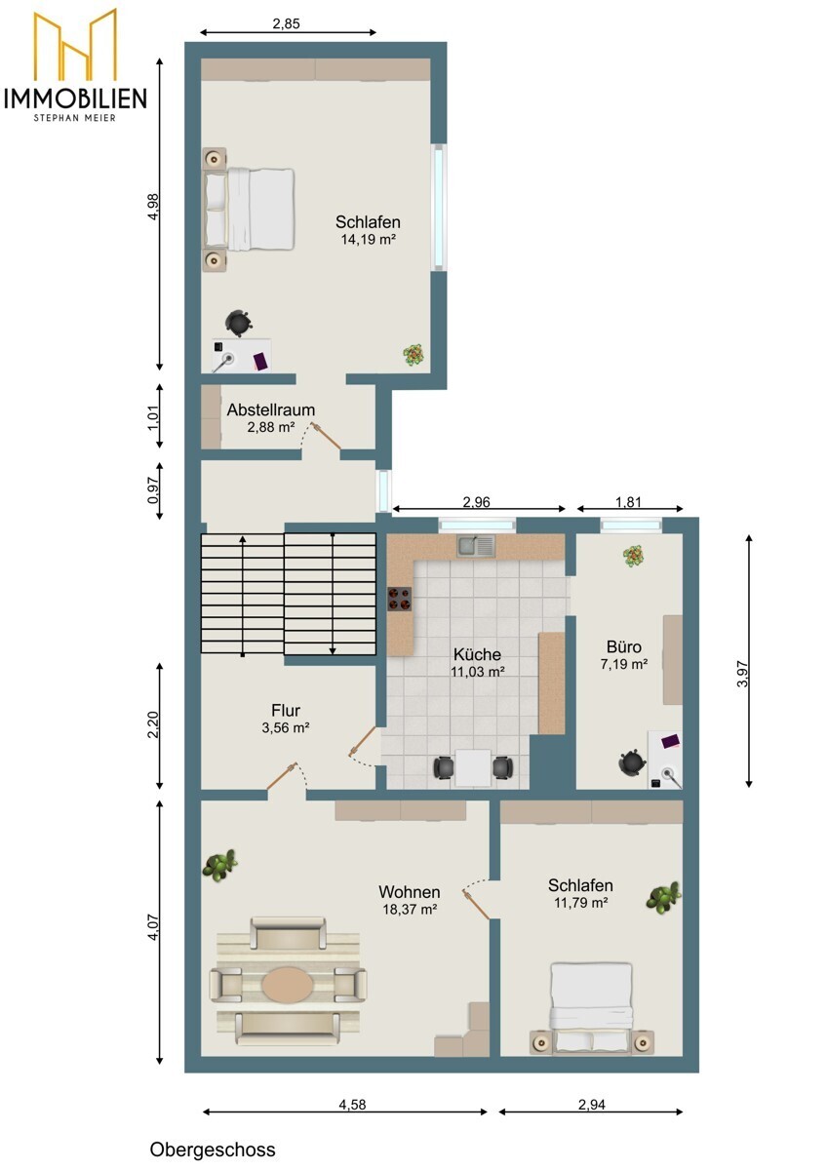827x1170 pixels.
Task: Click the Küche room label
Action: coord(477,654)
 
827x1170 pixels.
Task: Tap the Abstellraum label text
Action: coord(270,410)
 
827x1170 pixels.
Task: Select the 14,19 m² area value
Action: coord(368,240)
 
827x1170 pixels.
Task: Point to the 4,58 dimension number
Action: coord(352,1105)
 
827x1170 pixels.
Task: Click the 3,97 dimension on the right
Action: coord(742,675)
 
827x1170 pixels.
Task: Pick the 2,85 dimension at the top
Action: coord(287,24)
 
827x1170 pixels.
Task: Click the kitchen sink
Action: coord(477,545)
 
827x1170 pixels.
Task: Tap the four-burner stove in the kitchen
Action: coord(400,599)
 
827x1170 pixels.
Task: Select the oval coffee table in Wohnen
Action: coord(288,985)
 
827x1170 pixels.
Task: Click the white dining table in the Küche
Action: coord(473,768)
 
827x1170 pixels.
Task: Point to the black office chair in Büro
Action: coord(632,763)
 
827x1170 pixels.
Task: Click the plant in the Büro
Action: coord(633,557)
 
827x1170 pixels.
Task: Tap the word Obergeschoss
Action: coord(212,1150)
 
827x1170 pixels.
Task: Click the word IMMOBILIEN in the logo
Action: coord(75,98)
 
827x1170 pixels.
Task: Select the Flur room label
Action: coord(286,710)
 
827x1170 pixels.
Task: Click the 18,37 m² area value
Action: coord(410,910)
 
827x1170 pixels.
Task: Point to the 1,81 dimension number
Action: coord(628,502)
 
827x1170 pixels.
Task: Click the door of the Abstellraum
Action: coord(327,436)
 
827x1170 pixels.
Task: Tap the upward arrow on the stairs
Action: coord(243,596)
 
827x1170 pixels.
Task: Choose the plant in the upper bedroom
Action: coord(413,355)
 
